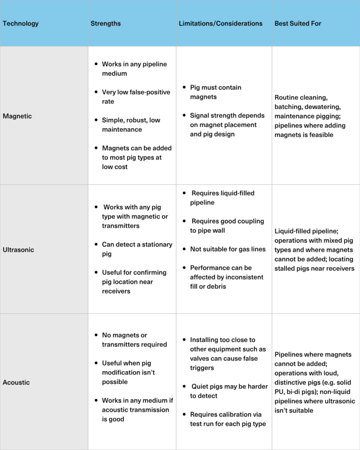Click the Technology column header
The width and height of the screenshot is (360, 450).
(x=21, y=23)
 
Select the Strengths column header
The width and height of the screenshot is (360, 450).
(x=105, y=23)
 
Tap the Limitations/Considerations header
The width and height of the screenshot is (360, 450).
(x=220, y=23)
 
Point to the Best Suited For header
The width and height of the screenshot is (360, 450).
(x=298, y=23)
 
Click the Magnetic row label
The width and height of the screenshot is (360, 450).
(x=17, y=116)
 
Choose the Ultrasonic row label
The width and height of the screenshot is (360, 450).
(x=18, y=250)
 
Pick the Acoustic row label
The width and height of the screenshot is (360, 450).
(x=16, y=382)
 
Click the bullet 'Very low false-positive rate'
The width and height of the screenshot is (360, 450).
(x=136, y=97)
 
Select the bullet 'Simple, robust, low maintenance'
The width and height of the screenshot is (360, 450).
(x=131, y=125)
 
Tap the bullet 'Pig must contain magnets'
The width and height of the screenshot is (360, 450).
(x=215, y=92)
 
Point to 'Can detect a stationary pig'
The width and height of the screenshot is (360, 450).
(x=137, y=249)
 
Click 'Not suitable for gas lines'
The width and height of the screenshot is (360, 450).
(x=228, y=249)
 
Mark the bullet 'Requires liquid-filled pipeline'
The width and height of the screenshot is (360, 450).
(x=222, y=198)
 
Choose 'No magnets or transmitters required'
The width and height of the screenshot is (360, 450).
(x=134, y=340)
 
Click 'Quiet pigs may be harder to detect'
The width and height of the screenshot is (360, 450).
(x=229, y=391)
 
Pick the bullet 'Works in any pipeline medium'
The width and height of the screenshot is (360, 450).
(x=134, y=69)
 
